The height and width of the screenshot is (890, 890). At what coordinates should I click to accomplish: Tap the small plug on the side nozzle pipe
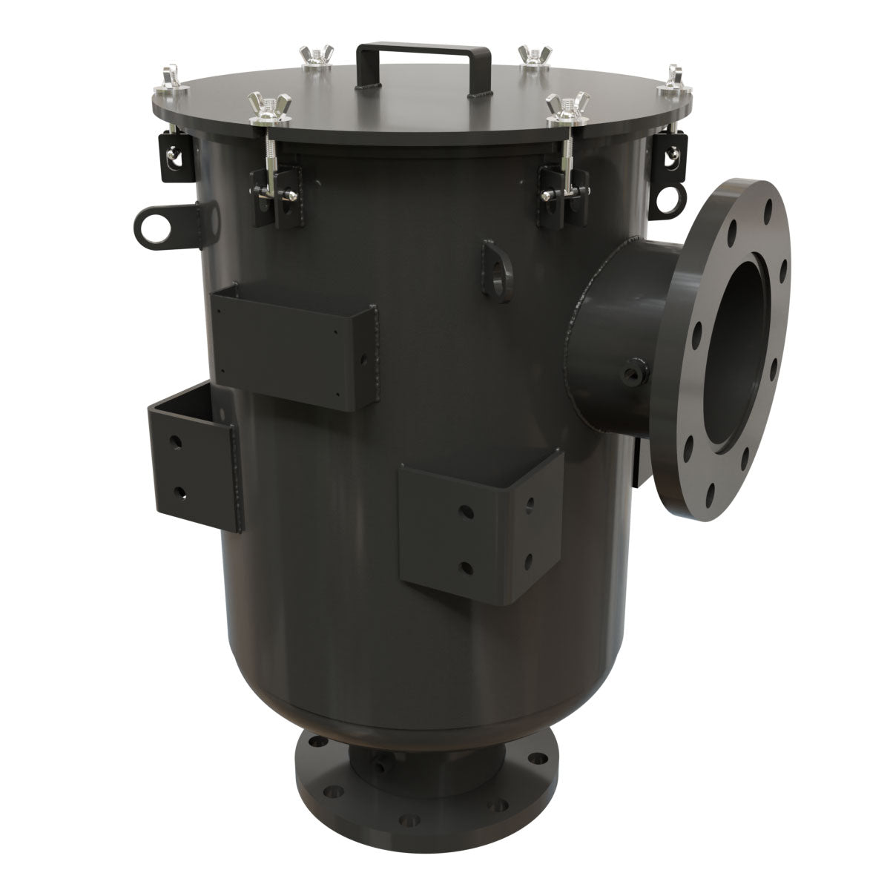click(x=635, y=369)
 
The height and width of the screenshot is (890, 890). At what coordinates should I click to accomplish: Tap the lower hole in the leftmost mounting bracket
click(x=178, y=490)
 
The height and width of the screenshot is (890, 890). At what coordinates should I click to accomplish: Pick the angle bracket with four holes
click(x=482, y=529)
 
